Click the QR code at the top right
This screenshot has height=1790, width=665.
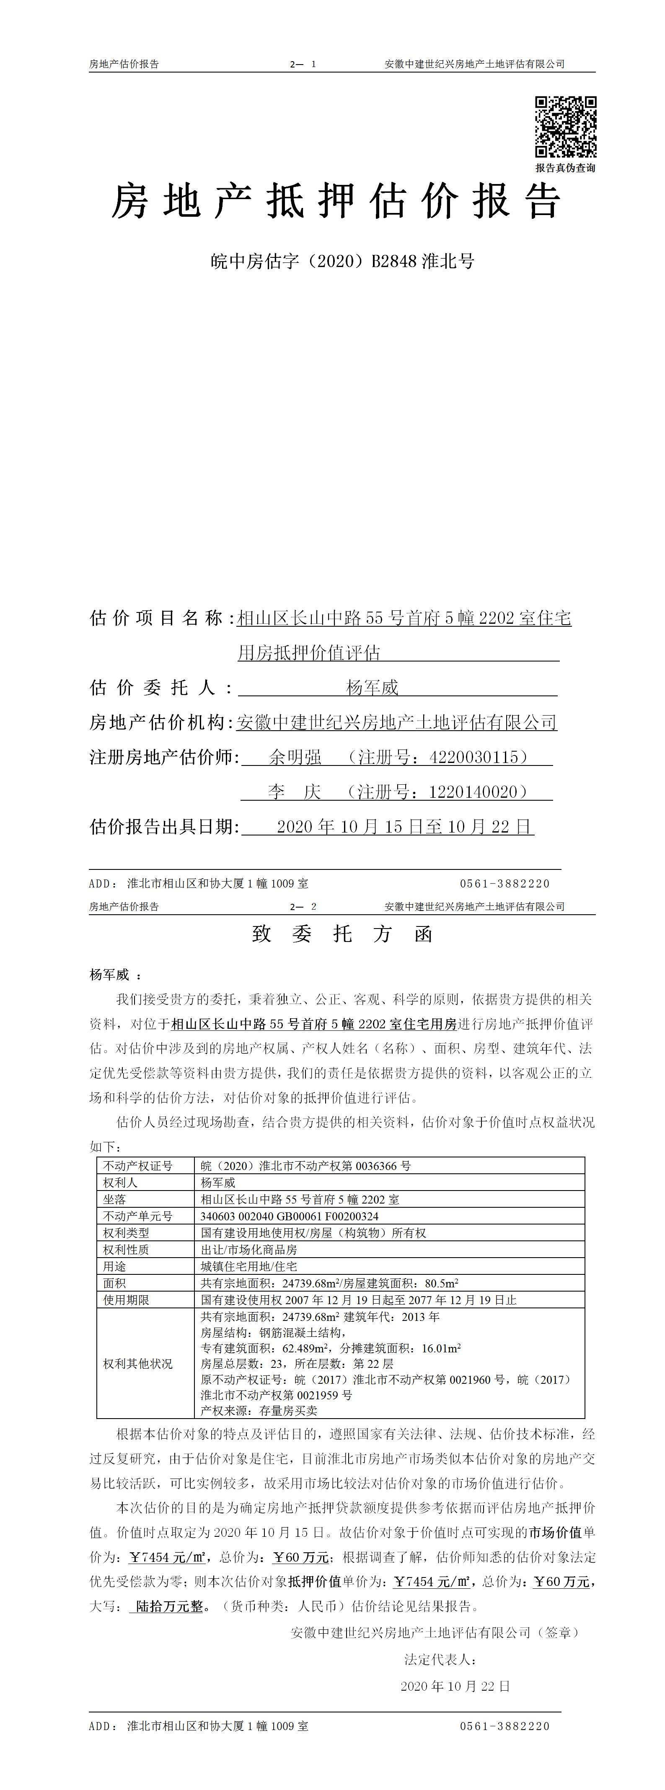click(565, 127)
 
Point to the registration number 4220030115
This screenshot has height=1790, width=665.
click(474, 758)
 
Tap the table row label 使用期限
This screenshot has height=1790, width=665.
click(127, 1300)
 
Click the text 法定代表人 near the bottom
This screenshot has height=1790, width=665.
click(440, 1659)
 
